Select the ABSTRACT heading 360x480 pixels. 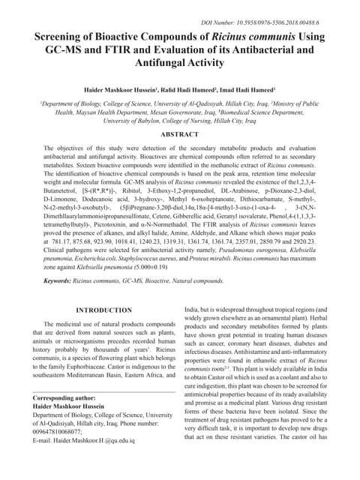click(180, 133)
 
